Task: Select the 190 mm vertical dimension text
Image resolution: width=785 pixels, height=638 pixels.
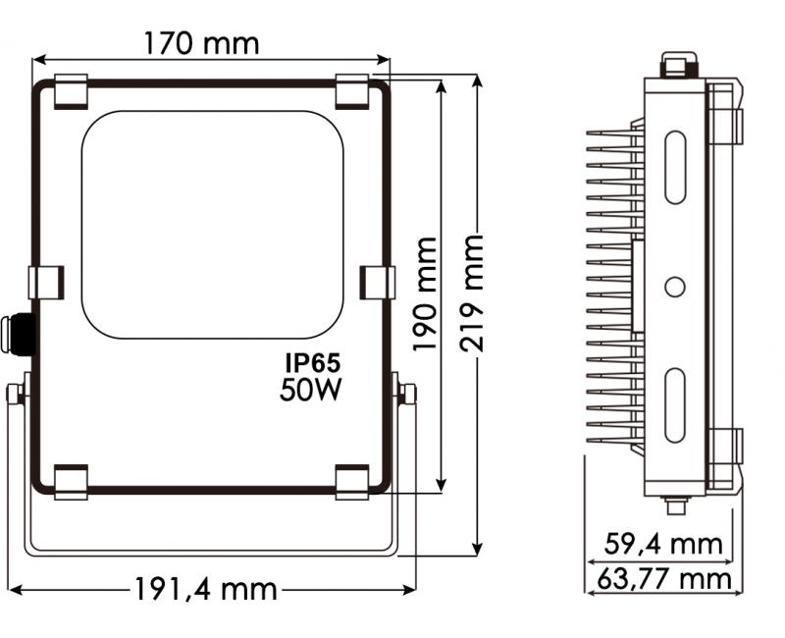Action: (x=424, y=293)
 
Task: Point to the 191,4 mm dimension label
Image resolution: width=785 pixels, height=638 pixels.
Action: (x=206, y=590)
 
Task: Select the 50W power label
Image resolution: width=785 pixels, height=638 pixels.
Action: (x=310, y=390)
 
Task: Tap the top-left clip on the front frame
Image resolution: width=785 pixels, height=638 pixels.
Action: (x=70, y=91)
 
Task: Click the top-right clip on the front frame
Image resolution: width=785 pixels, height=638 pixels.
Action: (x=352, y=91)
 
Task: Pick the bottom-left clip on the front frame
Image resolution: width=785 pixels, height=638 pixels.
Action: (x=70, y=482)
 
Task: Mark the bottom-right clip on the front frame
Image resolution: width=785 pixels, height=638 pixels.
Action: (x=352, y=482)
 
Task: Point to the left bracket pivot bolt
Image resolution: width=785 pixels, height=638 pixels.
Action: (x=17, y=395)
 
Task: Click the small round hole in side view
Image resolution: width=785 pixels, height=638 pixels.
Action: (x=674, y=287)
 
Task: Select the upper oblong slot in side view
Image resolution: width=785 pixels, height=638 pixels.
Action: (x=675, y=167)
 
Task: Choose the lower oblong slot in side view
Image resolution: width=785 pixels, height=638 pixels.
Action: (x=675, y=405)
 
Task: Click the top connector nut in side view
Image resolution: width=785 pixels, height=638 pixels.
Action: (x=675, y=65)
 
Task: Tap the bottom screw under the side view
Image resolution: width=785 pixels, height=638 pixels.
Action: (x=674, y=505)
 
